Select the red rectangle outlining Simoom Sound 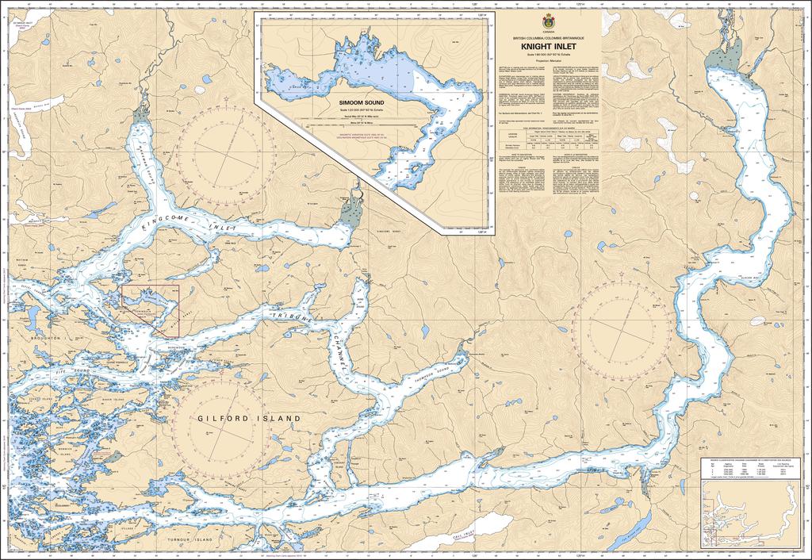pos(150,305)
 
